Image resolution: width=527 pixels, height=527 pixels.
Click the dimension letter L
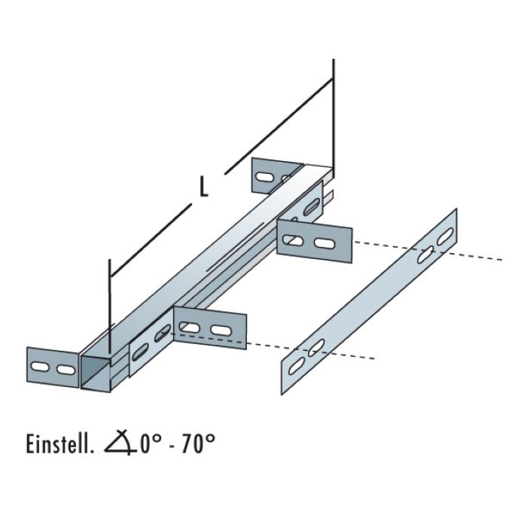point(203,186)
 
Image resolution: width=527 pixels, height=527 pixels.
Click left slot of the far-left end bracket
point(41,367)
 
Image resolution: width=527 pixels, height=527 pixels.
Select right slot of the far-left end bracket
point(65,370)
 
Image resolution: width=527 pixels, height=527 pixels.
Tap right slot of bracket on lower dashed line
point(221,331)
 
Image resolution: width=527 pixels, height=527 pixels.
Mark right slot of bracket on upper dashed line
point(325,244)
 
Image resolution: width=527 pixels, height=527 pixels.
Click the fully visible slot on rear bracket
point(264,177)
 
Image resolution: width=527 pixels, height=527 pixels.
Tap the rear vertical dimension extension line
point(333,113)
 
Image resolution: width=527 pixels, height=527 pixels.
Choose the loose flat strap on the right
point(369,301)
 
